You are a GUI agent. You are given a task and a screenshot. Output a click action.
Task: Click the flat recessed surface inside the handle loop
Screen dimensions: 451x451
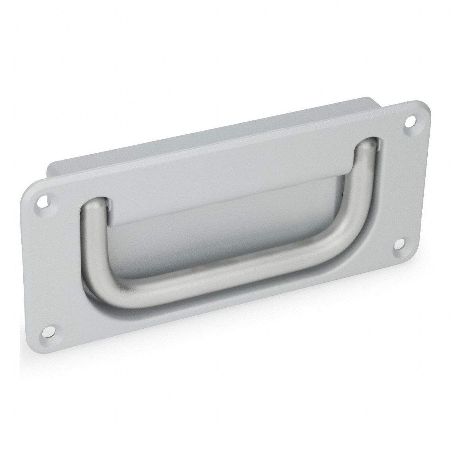coord(221,225)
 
